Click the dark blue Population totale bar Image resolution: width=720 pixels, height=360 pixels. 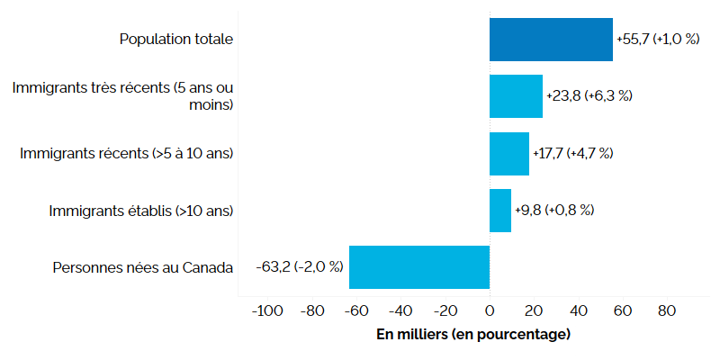[x=551, y=40]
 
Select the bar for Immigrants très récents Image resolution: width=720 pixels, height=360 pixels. [x=516, y=96]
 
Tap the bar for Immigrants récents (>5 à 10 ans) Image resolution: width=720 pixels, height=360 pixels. [x=509, y=153]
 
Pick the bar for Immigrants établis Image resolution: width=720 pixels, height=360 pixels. [x=500, y=210]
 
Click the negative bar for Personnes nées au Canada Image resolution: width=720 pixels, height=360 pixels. [x=419, y=266]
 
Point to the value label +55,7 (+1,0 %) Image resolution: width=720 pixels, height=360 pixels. [x=663, y=40]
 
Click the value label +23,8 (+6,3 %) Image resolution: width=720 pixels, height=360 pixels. [x=589, y=96]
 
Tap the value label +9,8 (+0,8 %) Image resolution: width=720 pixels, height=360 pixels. [x=554, y=210]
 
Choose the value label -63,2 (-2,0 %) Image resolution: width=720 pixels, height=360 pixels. [x=300, y=266]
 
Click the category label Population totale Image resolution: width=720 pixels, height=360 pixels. [x=176, y=40]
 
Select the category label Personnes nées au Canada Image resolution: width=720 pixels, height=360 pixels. [x=143, y=267]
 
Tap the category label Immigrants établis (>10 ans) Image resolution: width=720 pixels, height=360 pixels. [x=141, y=211]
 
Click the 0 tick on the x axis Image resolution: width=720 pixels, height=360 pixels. [x=490, y=311]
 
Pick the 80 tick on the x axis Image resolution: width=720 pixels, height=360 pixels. [x=667, y=311]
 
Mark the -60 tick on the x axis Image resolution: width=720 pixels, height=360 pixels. [x=355, y=311]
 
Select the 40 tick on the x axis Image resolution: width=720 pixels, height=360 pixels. [x=578, y=311]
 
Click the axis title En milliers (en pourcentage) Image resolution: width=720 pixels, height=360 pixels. [x=472, y=335]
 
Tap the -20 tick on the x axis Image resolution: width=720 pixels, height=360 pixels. [x=444, y=311]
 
